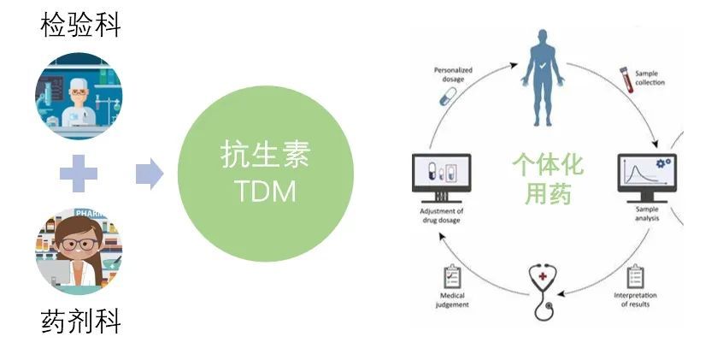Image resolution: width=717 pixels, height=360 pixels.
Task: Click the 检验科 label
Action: pos(81,25)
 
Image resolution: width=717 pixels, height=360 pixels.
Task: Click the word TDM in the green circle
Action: pos(265,192)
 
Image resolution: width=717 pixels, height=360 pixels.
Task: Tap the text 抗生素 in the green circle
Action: pos(265,156)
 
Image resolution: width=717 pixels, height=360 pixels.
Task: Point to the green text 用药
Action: pos(548,194)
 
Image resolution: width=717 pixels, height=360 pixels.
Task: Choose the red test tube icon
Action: pos(625,81)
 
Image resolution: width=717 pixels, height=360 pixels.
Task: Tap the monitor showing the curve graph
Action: pos(645,177)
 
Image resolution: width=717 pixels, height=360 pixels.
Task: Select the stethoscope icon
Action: pos(544,290)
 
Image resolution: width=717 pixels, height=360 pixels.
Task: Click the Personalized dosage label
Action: pos(453,75)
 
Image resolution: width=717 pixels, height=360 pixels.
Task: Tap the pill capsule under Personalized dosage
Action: pos(449,97)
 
